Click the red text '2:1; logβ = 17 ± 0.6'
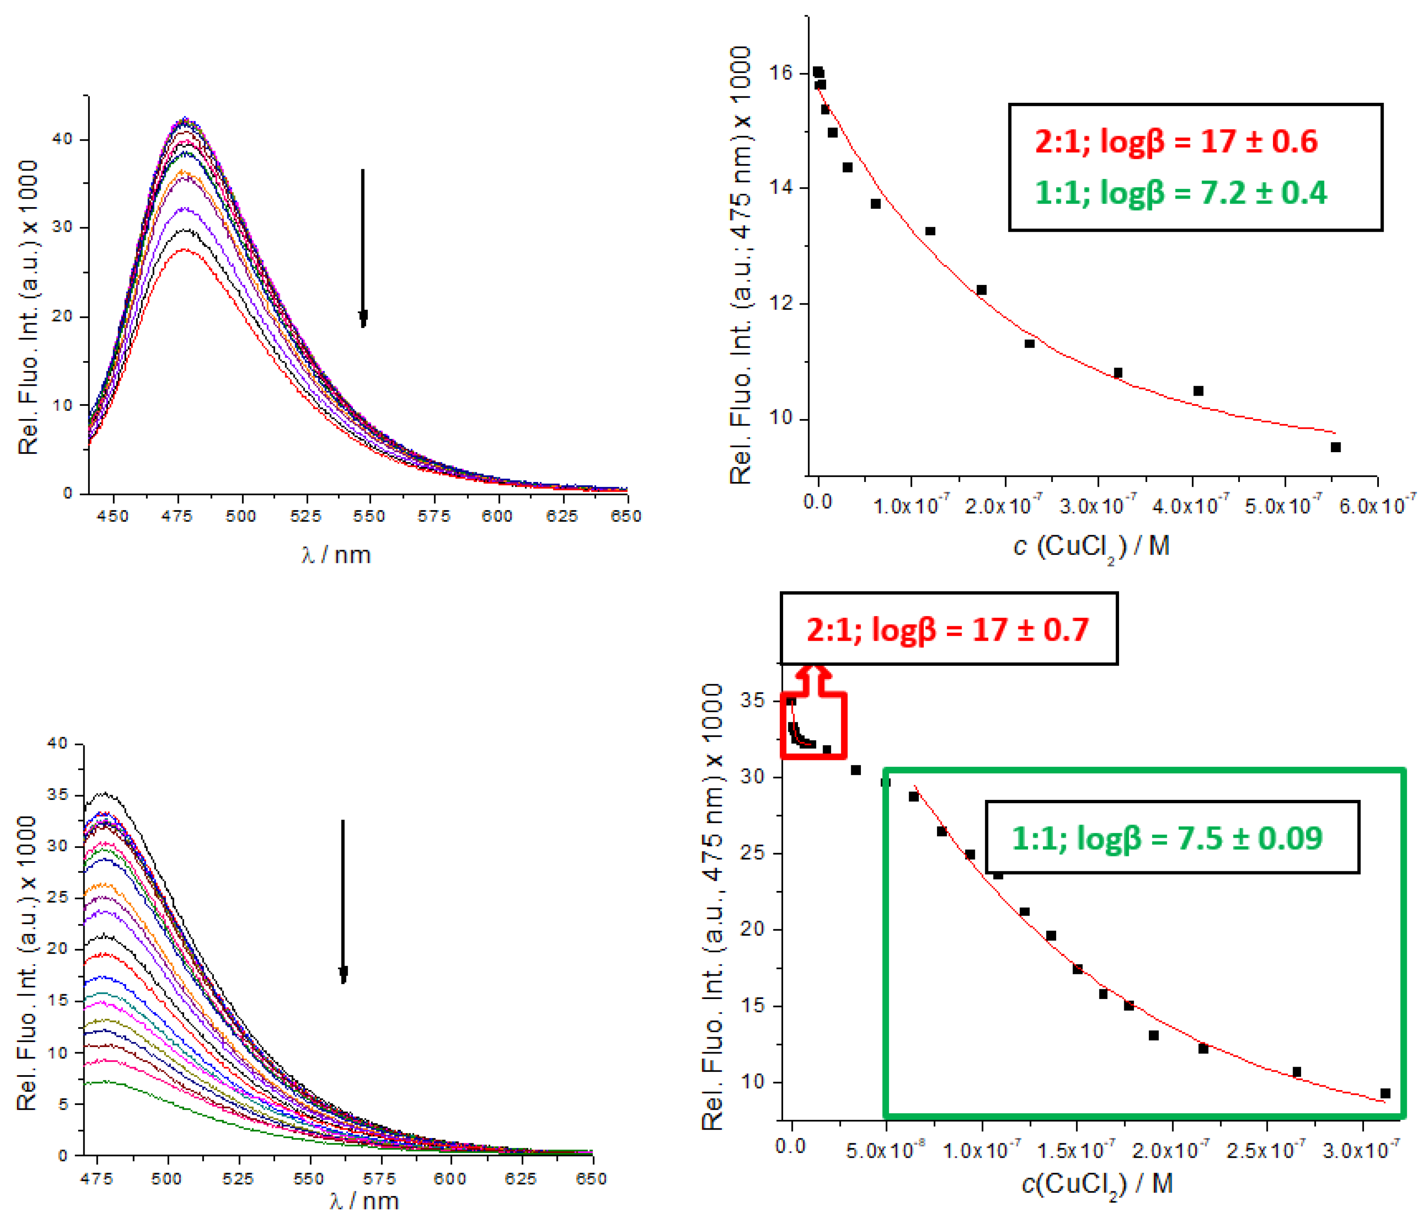1175,141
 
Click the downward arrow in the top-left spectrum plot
363,248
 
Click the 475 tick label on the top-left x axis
177,516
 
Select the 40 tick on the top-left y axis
62,139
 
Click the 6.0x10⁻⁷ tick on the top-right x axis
1376,506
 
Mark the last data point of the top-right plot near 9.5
1335,447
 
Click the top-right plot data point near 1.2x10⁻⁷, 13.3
930,231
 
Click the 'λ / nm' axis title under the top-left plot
336,555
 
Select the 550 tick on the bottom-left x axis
308,1178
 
